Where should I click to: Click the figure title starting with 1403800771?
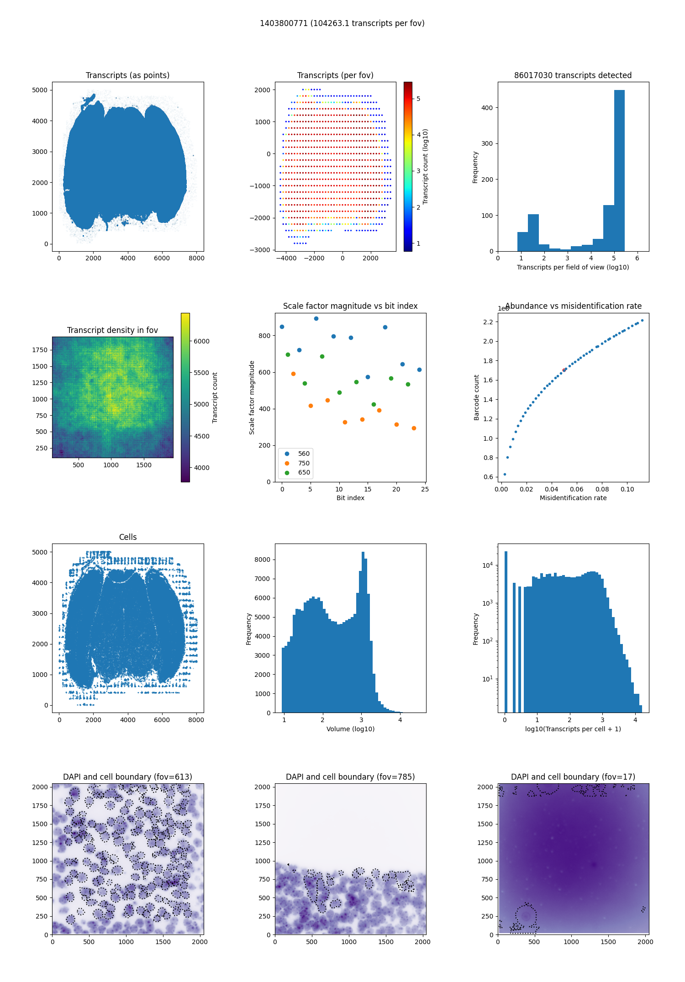click(x=342, y=23)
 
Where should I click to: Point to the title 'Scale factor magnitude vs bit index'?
click(x=350, y=306)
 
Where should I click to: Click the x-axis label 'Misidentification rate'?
click(x=573, y=498)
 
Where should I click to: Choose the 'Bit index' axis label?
click(x=350, y=498)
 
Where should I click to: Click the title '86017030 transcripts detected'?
click(x=573, y=75)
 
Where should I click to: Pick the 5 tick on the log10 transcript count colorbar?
click(x=418, y=99)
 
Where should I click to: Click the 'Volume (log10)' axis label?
click(x=350, y=729)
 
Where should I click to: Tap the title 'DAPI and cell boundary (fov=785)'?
click(x=350, y=777)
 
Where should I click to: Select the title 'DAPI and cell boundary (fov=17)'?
click(x=573, y=777)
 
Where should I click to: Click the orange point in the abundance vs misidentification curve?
click(x=564, y=370)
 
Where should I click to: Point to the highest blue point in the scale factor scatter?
click(x=316, y=318)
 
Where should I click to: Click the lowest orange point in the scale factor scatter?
click(x=414, y=428)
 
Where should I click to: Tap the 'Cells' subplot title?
click(x=128, y=537)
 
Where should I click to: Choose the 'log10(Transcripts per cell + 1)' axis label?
click(x=573, y=729)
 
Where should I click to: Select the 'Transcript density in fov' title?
click(x=112, y=330)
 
